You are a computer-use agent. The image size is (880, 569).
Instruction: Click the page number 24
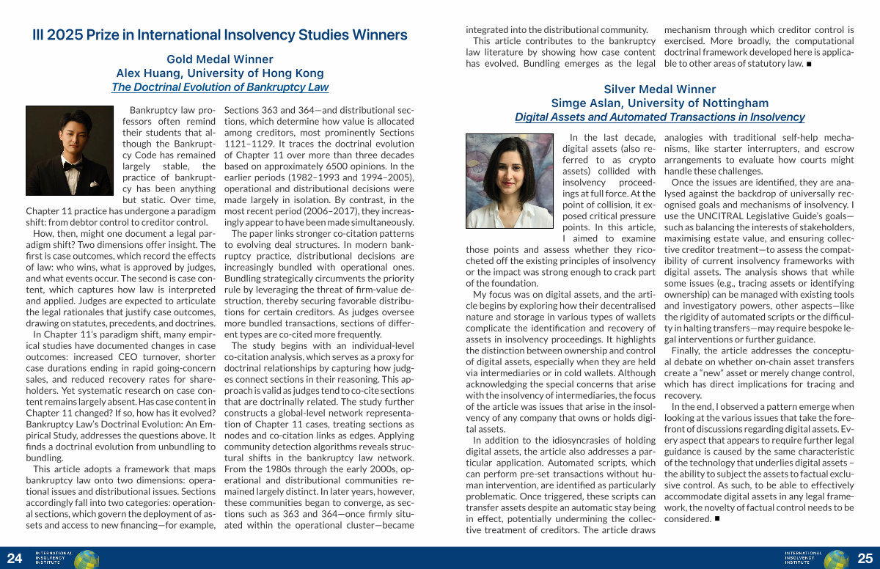(x=14, y=559)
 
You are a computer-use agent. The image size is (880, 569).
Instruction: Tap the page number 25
(x=865, y=559)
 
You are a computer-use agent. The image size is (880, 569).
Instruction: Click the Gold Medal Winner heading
(x=220, y=59)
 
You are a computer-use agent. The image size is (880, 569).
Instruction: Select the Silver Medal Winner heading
(x=660, y=89)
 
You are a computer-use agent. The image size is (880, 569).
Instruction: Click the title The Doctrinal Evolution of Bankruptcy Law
(x=220, y=87)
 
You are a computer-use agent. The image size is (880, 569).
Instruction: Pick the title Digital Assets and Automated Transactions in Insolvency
(x=660, y=117)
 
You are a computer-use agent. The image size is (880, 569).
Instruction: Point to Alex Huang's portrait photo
(x=69, y=150)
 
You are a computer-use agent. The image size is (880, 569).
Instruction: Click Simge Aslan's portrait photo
(x=509, y=180)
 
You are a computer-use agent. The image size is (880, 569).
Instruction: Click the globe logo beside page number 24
(x=87, y=559)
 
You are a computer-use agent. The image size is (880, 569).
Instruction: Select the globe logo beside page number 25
(x=836, y=559)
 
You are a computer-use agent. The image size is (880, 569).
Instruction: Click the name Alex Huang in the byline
(x=147, y=73)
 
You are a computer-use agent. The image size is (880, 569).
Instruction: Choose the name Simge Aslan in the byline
(x=584, y=103)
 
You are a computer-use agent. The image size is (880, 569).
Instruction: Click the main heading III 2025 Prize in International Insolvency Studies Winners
(x=220, y=34)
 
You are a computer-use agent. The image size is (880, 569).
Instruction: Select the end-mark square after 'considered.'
(x=717, y=519)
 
